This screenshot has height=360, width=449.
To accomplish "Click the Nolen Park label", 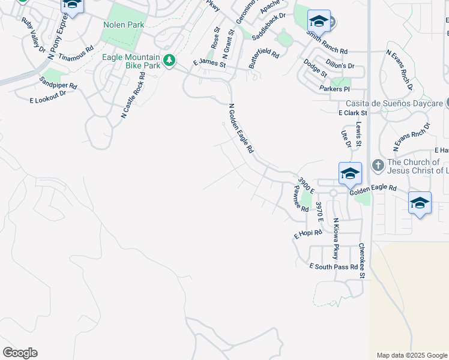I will tap(124, 25).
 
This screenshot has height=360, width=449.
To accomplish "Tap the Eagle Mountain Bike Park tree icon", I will tap(170, 60).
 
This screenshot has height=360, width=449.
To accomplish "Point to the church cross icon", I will tap(378, 164).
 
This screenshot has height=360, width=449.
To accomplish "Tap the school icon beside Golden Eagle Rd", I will tap(350, 174).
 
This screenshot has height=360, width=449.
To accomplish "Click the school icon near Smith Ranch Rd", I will tap(319, 22).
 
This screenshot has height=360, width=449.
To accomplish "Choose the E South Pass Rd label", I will tap(334, 266).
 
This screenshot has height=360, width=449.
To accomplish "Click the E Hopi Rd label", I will tap(308, 233).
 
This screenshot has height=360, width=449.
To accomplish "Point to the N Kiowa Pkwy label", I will tap(336, 239).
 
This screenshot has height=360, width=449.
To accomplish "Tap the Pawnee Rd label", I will tap(300, 199).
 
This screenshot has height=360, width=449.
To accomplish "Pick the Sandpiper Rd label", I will tap(58, 82).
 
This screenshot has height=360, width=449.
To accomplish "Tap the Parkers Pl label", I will tap(334, 89).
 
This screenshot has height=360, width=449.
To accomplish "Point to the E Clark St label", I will tap(352, 112).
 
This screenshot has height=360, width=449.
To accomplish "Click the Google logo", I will tap(20, 353).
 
